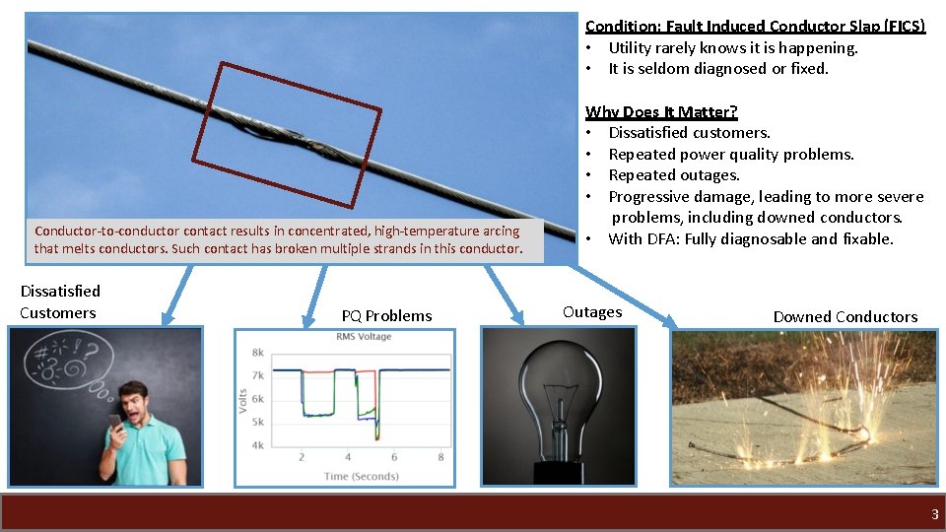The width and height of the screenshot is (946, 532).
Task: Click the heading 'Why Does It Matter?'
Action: pyautogui.click(x=661, y=111)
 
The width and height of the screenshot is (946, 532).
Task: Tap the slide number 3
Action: pyautogui.click(x=935, y=514)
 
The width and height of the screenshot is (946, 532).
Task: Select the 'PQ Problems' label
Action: pyautogui.click(x=386, y=315)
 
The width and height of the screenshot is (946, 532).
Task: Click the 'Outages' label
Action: pyautogui.click(x=592, y=311)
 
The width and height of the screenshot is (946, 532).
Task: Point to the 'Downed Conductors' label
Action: pyautogui.click(x=845, y=316)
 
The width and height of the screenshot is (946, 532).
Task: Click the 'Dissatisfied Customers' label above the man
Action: pyautogui.click(x=59, y=301)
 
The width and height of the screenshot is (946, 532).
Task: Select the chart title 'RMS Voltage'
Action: pyautogui.click(x=364, y=337)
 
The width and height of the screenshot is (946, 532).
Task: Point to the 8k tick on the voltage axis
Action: pyautogui.click(x=257, y=352)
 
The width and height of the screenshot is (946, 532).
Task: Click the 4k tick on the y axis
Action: pyautogui.click(x=257, y=445)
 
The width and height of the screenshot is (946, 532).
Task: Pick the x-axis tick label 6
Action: pyautogui.click(x=394, y=457)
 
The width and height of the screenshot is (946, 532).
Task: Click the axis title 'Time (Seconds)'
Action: pyautogui.click(x=361, y=476)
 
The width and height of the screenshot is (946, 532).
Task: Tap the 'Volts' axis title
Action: pyautogui.click(x=243, y=399)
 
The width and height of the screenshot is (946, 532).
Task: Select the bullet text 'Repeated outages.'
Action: pyautogui.click(x=674, y=175)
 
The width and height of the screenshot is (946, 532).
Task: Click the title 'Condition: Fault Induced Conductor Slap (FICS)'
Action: pyautogui.click(x=755, y=27)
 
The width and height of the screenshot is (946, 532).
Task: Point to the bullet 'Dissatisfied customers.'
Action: pyautogui.click(x=689, y=132)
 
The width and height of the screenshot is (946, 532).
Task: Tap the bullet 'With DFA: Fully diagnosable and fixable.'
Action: pyautogui.click(x=750, y=238)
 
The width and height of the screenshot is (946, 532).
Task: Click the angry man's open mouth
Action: pyautogui.click(x=133, y=414)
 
